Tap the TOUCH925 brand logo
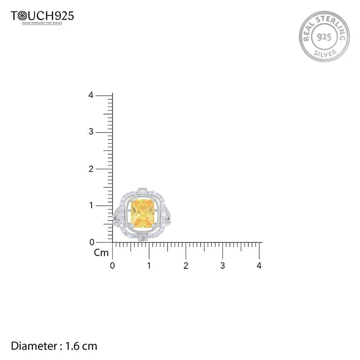tap(42, 16)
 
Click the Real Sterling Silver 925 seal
tap(324, 37)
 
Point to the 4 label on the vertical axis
tap(91, 95)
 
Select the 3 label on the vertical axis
tap(91, 132)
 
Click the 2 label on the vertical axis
tap(91, 169)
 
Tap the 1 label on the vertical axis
tap(91, 205)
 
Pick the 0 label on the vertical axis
tap(91, 242)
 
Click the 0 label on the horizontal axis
tap(113, 266)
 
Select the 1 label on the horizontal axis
tap(149, 266)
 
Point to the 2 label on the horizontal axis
tap(186, 266)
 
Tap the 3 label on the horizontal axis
tap(223, 266)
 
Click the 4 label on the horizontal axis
tap(259, 266)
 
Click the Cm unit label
tap(101, 253)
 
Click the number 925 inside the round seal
tap(324, 38)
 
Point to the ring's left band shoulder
tap(117, 220)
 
